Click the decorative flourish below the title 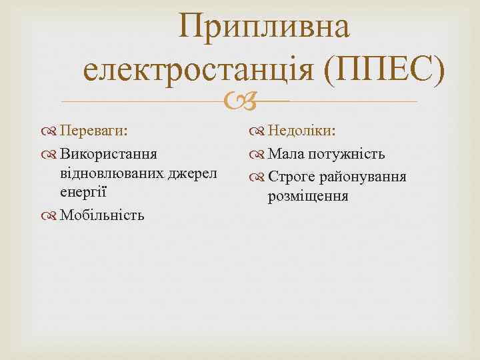239,102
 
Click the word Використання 109,155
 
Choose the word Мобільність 102,215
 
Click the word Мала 286,155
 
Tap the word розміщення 308,197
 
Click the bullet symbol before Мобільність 51,215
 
